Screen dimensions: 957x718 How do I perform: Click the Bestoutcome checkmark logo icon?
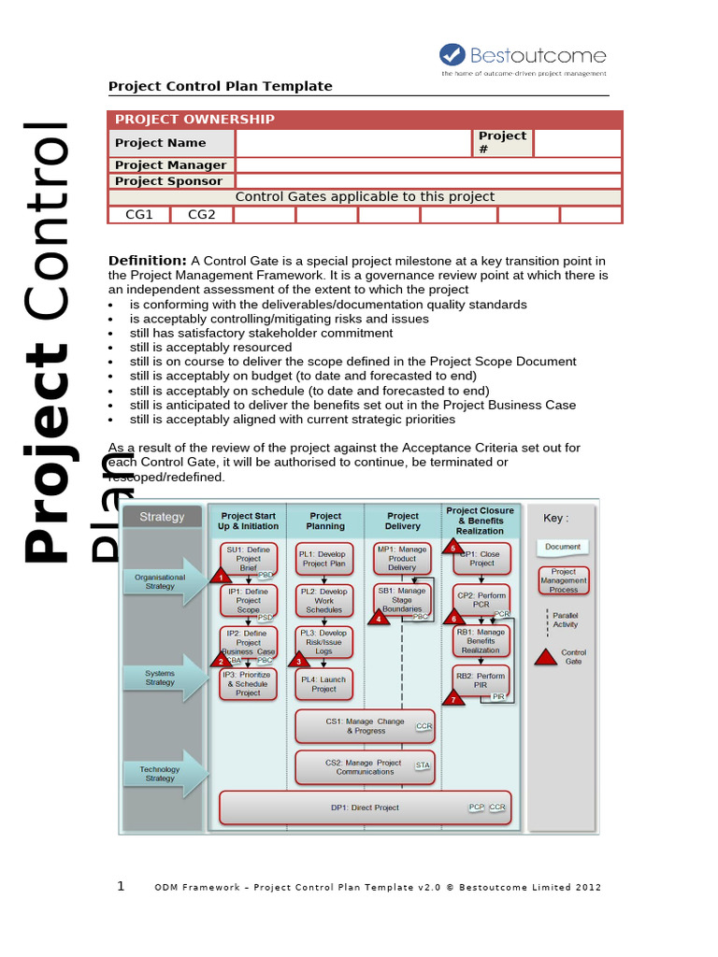452,55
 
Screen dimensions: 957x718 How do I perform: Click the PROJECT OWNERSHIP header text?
194,120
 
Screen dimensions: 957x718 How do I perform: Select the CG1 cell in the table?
139,215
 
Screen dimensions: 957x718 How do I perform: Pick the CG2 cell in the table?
202,215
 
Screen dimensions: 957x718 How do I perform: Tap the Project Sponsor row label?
168,181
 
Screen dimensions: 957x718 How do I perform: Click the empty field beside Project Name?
353,143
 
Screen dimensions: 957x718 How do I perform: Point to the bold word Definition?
148,260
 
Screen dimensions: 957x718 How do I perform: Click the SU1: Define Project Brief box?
248,558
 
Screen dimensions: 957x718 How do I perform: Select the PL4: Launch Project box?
323,684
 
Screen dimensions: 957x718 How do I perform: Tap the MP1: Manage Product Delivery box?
402,558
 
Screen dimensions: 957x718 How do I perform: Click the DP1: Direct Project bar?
365,807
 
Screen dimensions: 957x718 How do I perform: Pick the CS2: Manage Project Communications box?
365,767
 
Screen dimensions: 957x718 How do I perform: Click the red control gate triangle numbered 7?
453,697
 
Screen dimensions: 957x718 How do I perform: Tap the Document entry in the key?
563,547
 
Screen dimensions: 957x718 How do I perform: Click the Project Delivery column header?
403,521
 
